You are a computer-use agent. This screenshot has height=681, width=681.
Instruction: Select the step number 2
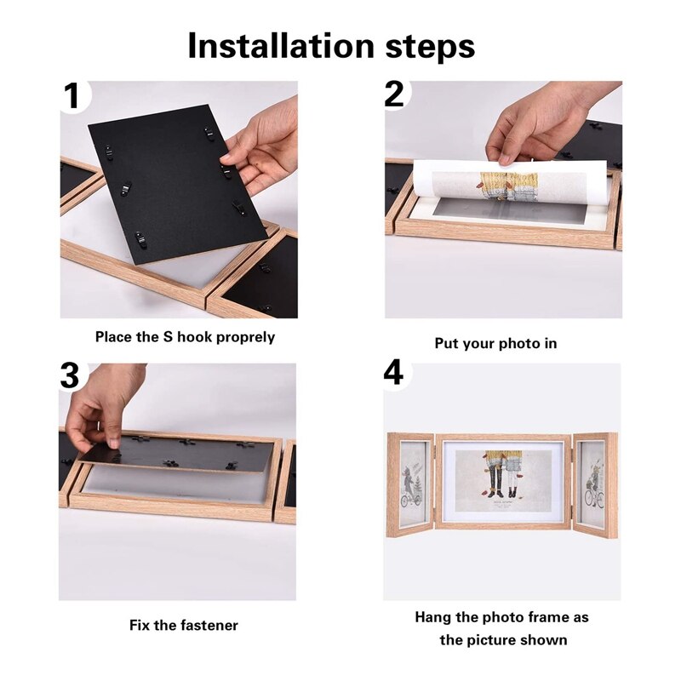click(x=394, y=94)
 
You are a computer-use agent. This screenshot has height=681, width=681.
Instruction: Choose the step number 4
click(x=393, y=375)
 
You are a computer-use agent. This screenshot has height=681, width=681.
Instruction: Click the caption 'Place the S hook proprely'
click(x=185, y=337)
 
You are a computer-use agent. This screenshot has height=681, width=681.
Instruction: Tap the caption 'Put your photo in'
click(x=495, y=343)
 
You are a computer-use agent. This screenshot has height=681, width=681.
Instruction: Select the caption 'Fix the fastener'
click(x=184, y=626)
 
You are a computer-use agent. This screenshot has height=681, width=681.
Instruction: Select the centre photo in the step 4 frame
click(x=502, y=481)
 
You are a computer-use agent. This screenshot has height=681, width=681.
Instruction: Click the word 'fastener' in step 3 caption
click(x=209, y=626)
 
